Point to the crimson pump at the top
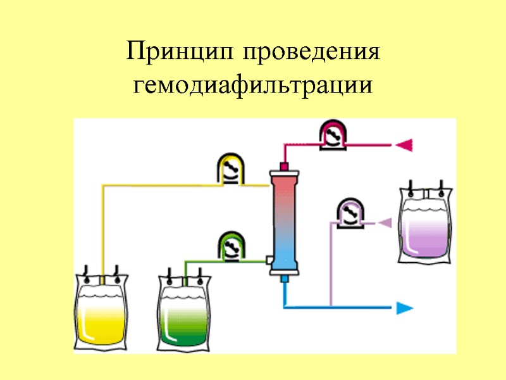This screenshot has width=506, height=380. (x=333, y=134)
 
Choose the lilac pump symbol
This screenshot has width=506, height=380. (x=350, y=213)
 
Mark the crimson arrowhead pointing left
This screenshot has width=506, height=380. (x=404, y=145)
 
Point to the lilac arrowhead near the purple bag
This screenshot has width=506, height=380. (x=385, y=222)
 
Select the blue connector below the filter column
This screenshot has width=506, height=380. (x=284, y=279)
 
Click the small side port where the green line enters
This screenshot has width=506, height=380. (x=270, y=260)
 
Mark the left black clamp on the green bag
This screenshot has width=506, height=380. (x=170, y=274)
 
